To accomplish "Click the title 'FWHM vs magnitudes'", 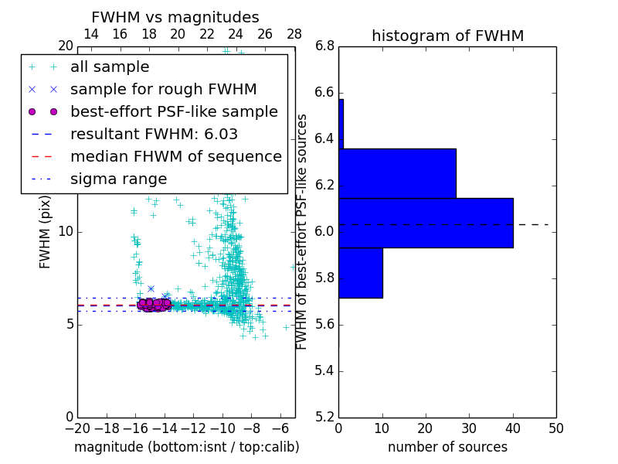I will coord(175,18).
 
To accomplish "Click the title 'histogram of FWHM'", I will coord(447,36).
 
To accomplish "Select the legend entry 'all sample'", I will coord(110,67).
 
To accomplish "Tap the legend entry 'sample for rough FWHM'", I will coord(163,90).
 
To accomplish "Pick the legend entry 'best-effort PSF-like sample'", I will coord(174,111).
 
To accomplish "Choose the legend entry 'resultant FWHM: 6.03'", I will coord(154,134).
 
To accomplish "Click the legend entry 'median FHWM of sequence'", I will coord(175,156).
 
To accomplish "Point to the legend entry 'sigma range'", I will coord(118,179).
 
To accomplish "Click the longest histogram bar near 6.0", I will coord(426,223).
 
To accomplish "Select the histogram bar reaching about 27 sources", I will coord(397,173).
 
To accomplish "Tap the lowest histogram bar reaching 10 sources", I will coord(360,272).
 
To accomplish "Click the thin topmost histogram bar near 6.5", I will coord(341,124).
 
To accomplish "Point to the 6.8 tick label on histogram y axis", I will coord(324,46).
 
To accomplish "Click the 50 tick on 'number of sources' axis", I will coord(555,428).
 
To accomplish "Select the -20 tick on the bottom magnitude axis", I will coord(77,428).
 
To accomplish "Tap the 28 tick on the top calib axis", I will coord(294,34).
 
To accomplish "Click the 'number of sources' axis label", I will coord(447,447).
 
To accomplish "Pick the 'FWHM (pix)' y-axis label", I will coord(46,231).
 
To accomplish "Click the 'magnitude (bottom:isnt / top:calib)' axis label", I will coord(186,447).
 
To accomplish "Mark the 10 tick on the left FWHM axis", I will coord(66,231).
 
